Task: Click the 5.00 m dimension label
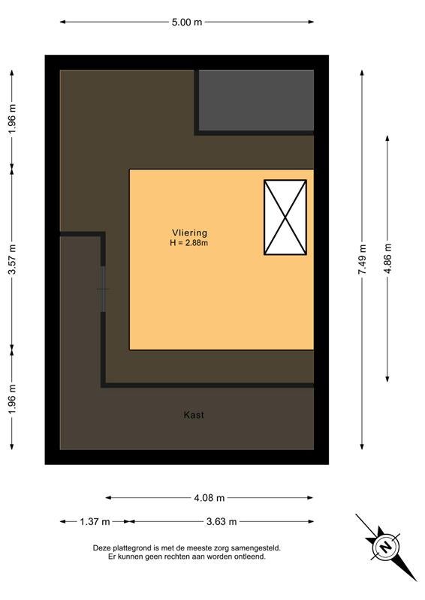(x=187, y=22)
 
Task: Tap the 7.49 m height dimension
(x=362, y=259)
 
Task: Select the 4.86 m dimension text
(x=387, y=259)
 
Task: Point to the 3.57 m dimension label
(x=12, y=259)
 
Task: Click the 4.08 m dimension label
(x=209, y=498)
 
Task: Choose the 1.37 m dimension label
(x=95, y=521)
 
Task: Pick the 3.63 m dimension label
(x=222, y=521)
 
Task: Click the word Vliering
(x=189, y=232)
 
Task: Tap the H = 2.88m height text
(x=189, y=242)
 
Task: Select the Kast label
(x=194, y=415)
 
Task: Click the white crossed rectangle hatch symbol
(x=285, y=217)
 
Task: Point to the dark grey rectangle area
(x=256, y=100)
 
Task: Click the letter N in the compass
(x=385, y=547)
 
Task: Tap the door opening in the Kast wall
(x=103, y=289)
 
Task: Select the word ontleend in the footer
(x=252, y=556)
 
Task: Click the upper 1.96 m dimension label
(x=12, y=118)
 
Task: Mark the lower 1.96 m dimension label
(x=12, y=399)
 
